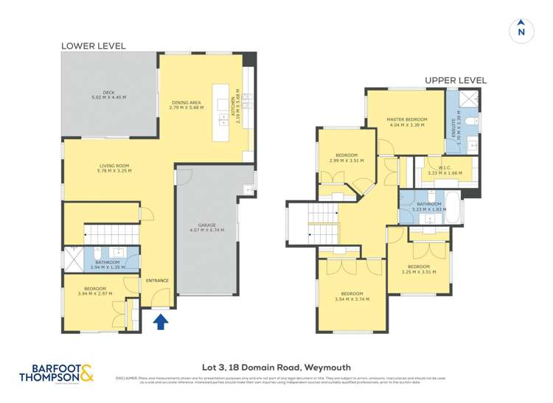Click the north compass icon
point(521,29)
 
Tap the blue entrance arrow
point(160,320)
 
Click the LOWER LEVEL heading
point(93,46)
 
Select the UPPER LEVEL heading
point(455,80)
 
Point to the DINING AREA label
point(185,103)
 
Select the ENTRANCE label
point(157,280)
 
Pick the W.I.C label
point(444,167)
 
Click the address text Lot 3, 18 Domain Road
point(276,367)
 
